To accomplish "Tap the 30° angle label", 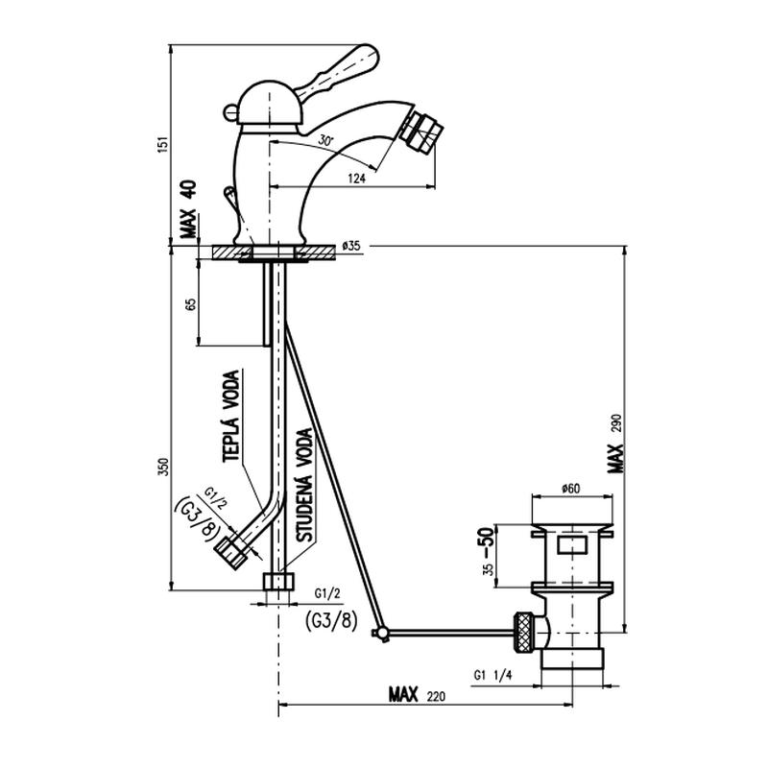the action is pyautogui.click(x=325, y=139).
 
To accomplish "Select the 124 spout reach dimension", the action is pyautogui.click(x=356, y=179).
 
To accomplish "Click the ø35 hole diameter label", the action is pyautogui.click(x=351, y=246).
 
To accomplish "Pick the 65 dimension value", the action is pyautogui.click(x=191, y=303).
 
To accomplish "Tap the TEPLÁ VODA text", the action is pyautogui.click(x=231, y=416).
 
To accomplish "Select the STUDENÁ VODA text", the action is pyautogui.click(x=304, y=485).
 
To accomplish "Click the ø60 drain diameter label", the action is pyautogui.click(x=571, y=489).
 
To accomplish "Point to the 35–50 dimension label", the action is pyautogui.click(x=488, y=551).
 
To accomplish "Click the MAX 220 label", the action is pyautogui.click(x=418, y=694).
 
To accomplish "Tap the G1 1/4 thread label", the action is pyautogui.click(x=492, y=676).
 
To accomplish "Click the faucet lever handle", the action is pyautogui.click(x=338, y=71).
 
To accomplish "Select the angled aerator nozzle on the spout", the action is pyautogui.click(x=421, y=132).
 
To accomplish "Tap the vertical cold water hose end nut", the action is pyautogui.click(x=279, y=581).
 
